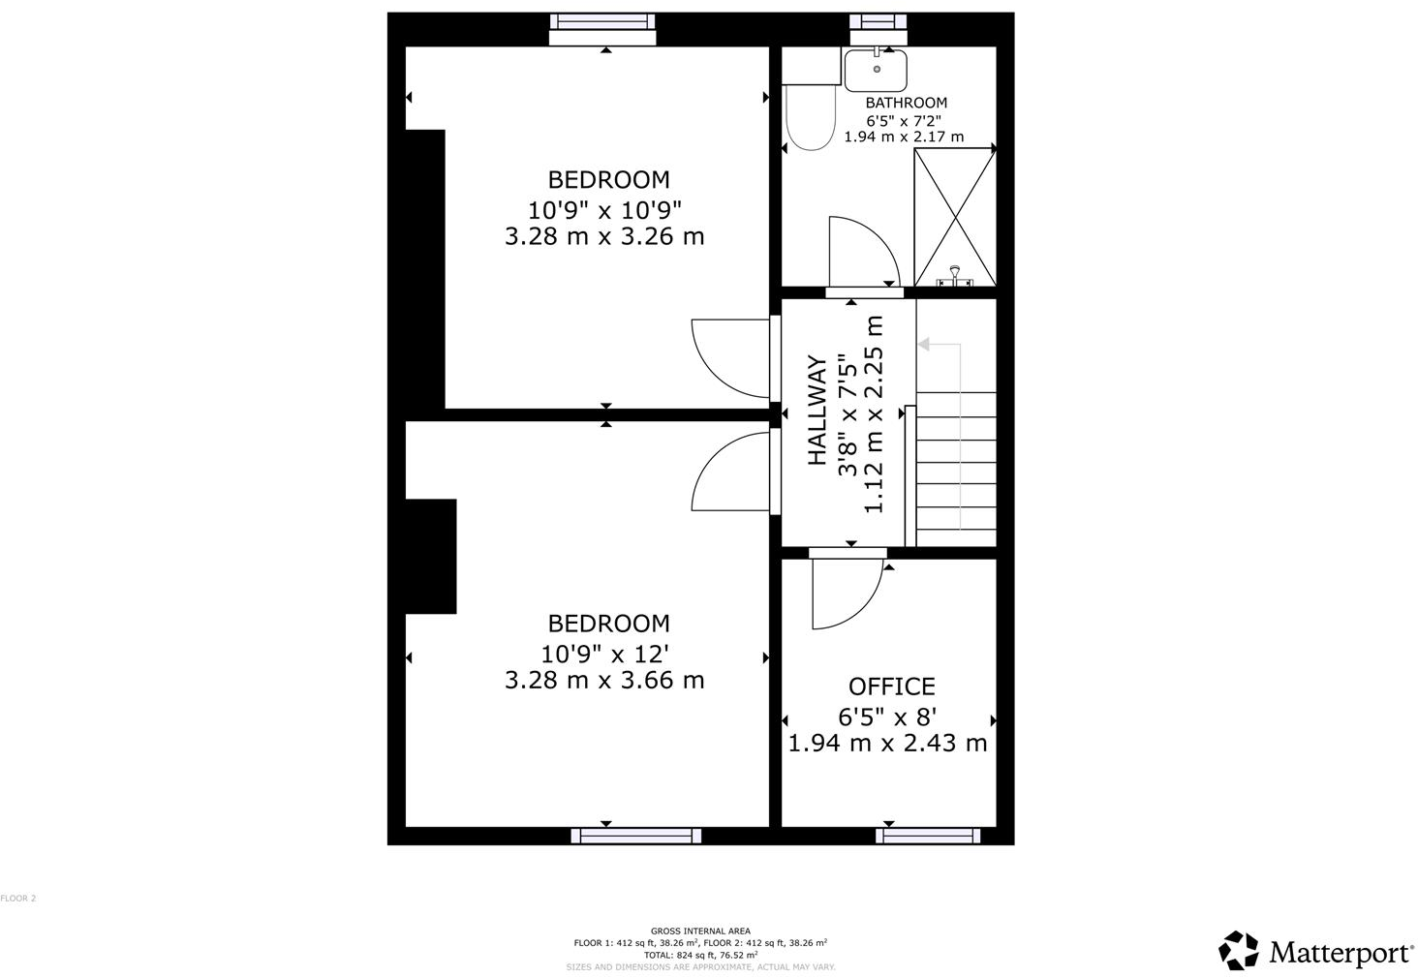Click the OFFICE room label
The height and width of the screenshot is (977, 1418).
[x=891, y=687]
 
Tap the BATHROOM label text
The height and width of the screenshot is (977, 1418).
[x=906, y=103]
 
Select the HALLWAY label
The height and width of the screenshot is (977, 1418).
[x=817, y=411]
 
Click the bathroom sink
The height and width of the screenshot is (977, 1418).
[x=876, y=70]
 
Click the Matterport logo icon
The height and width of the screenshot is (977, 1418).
[x=1239, y=950]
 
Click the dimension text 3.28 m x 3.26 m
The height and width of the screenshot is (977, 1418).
[x=603, y=236]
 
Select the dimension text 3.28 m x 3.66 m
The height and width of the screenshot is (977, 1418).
[x=603, y=680]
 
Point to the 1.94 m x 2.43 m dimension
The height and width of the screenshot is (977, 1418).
[x=887, y=744]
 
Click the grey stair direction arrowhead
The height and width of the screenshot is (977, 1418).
[x=923, y=344]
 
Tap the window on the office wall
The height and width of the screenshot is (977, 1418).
[x=928, y=835]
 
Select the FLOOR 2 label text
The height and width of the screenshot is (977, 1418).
[x=18, y=899]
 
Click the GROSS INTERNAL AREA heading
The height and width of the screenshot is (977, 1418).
[x=699, y=931]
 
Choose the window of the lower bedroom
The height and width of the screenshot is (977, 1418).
[x=635, y=835]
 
